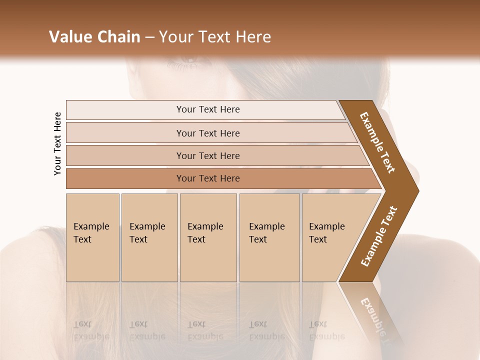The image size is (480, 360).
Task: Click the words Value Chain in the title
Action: point(94,37)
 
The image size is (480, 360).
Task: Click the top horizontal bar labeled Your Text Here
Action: point(208,109)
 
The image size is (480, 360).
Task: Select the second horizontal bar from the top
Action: point(208,133)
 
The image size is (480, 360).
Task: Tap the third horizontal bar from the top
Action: point(208,155)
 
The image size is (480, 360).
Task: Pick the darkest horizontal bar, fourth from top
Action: point(208,178)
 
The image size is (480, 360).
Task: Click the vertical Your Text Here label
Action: point(57,143)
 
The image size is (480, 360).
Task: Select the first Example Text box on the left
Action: point(92,237)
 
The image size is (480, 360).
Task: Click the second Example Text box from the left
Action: point(149,237)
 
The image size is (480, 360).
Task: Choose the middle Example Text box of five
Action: point(208,237)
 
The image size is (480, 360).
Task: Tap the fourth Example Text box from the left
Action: point(269,237)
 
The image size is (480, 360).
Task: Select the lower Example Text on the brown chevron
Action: point(379,236)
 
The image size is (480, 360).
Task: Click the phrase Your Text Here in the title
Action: point(215,37)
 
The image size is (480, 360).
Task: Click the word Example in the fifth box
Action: point(327,226)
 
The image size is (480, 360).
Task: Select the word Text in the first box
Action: point(82,239)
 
